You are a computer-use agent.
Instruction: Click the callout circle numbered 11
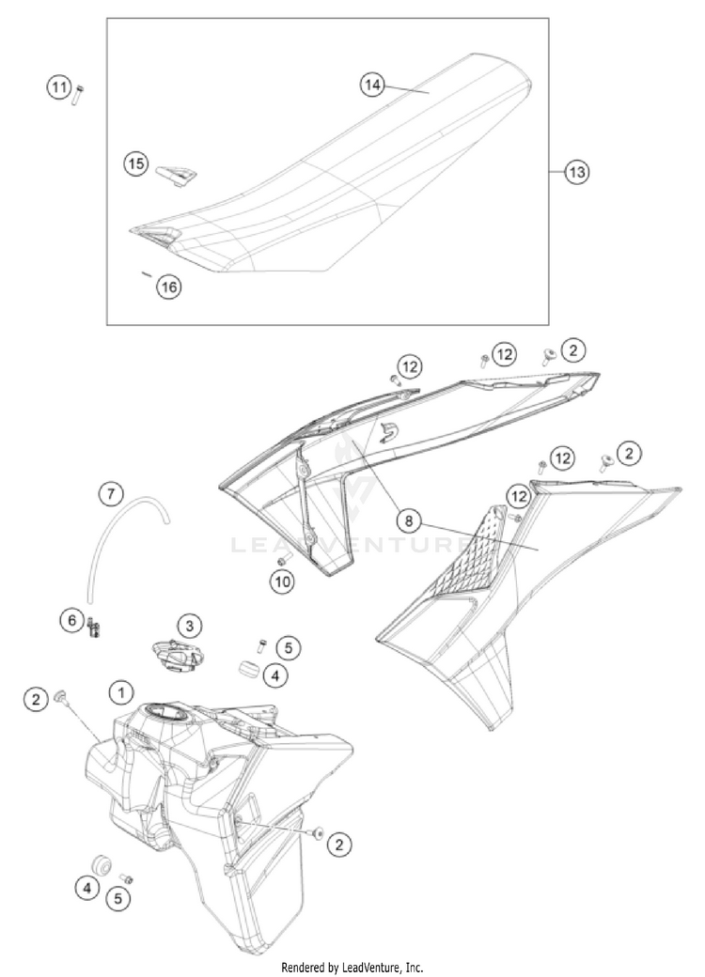(59, 89)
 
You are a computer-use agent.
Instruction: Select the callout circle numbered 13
(577, 172)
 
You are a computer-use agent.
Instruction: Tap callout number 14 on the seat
(373, 85)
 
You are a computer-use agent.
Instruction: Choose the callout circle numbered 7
(111, 492)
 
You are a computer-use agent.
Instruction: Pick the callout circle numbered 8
(410, 519)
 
